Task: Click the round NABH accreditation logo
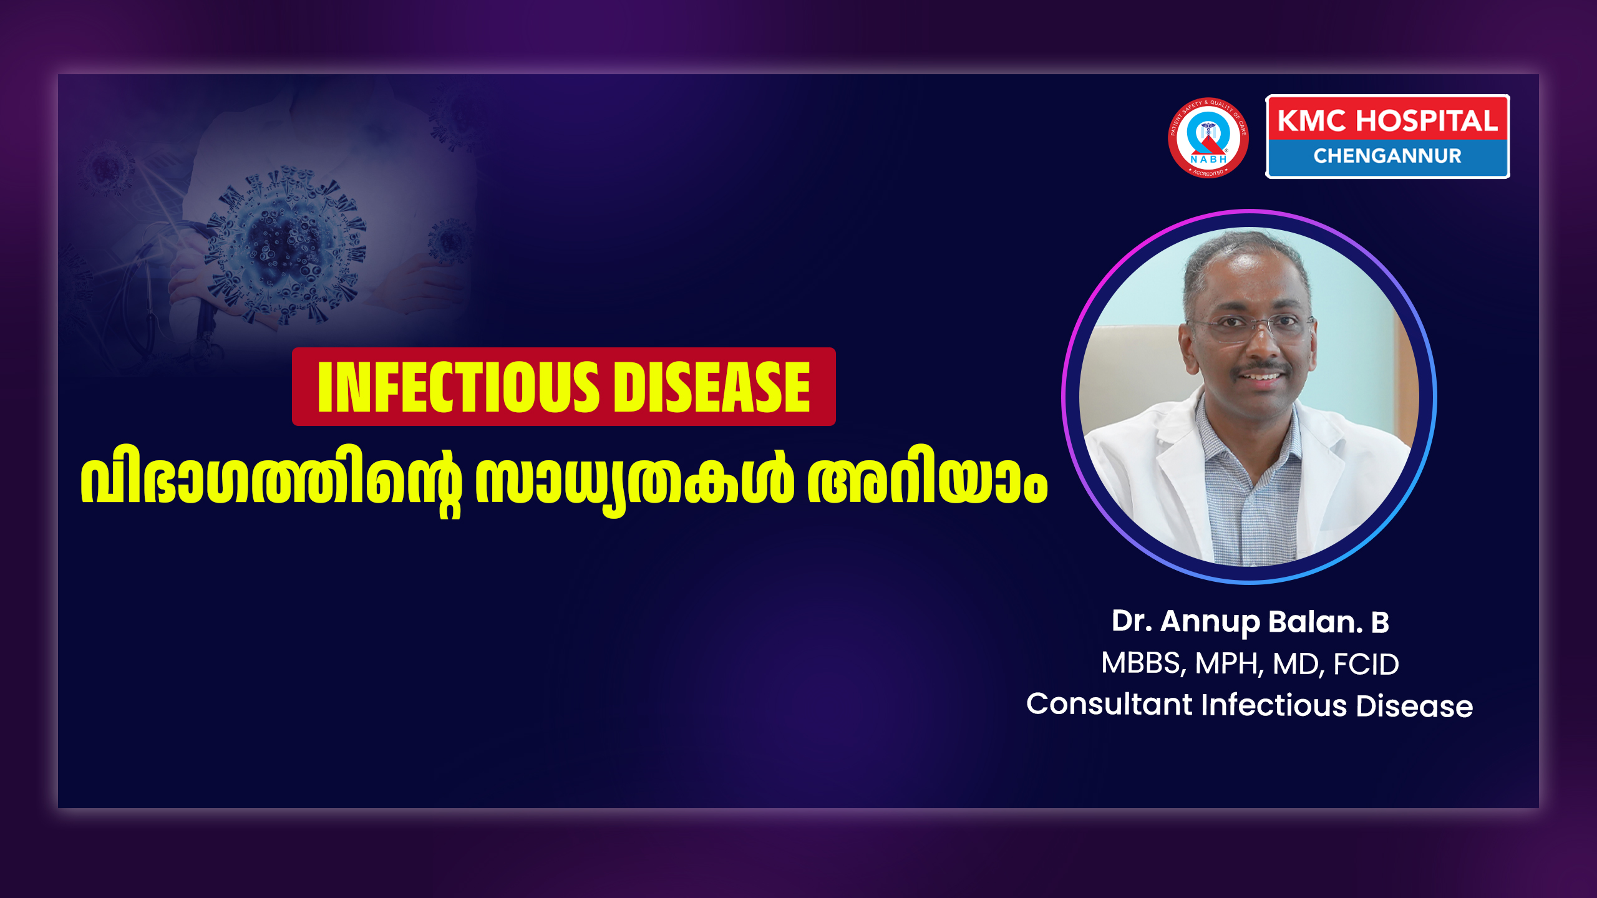(1208, 138)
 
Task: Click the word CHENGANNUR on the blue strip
(1387, 156)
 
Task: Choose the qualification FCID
(1366, 664)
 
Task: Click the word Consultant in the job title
(1110, 705)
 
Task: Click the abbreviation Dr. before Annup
(1132, 622)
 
